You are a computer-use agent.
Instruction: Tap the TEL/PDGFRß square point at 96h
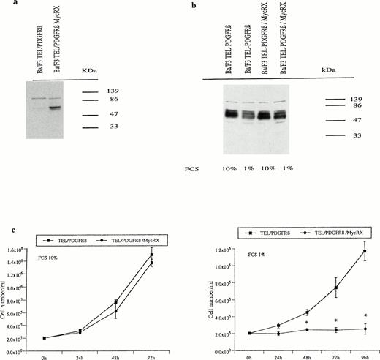(x=363, y=251)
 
